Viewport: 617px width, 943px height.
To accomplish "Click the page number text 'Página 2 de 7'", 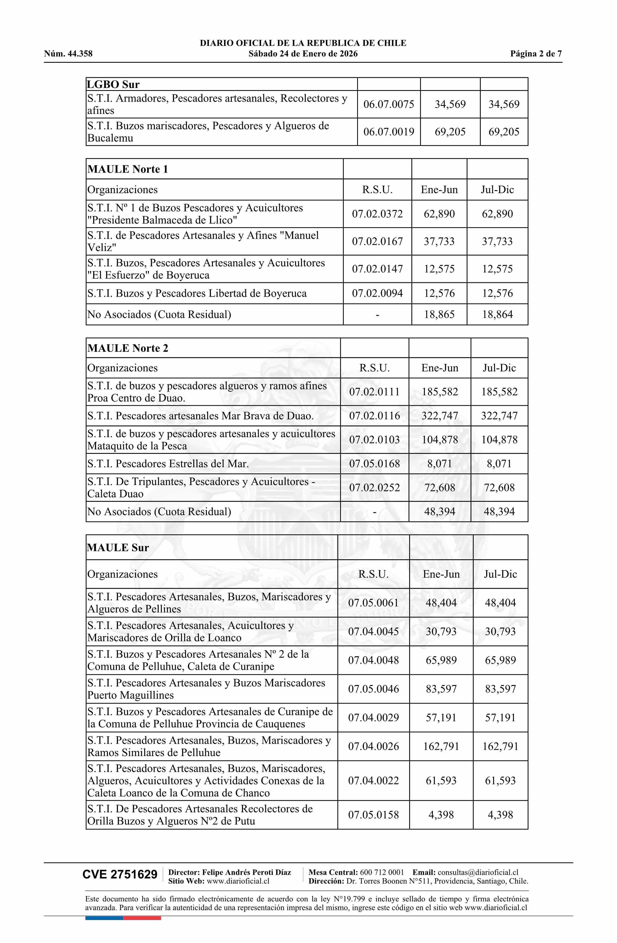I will point(536,54).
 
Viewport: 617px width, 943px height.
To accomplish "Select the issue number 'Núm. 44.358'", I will point(68,54).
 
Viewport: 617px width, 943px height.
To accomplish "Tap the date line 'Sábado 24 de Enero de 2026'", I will point(303,54).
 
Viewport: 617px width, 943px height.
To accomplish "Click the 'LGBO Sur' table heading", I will point(113,84).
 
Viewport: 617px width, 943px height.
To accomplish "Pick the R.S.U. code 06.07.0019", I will point(389,132).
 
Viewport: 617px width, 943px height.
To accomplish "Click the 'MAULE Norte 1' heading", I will point(128,169).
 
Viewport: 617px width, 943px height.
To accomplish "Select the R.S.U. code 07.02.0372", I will point(377,214).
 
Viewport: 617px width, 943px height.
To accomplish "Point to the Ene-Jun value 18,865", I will point(439,315).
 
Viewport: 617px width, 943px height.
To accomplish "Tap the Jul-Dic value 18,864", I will point(497,315).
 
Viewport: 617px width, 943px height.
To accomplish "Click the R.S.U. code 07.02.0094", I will point(377,294).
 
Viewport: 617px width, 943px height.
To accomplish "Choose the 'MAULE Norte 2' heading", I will point(128,348).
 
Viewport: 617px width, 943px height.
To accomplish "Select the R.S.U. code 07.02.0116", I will point(374,416).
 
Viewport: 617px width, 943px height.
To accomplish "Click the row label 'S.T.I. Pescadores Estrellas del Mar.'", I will point(168,464).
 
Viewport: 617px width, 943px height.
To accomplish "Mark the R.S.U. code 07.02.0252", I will point(374,487).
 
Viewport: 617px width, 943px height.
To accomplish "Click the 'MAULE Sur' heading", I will point(118,548).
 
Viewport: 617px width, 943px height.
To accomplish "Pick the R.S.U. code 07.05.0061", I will point(373,603).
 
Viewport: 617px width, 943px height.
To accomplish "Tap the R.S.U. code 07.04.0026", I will point(373,746).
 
